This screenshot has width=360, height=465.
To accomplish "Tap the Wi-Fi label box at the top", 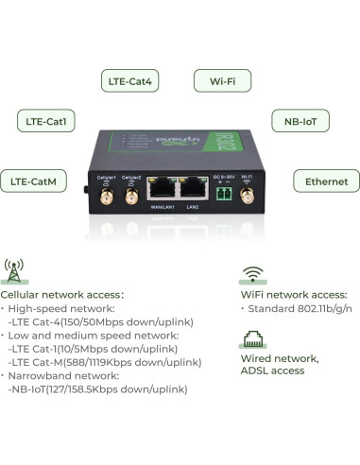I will click(x=223, y=81).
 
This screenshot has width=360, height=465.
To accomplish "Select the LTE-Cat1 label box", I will click(x=47, y=121).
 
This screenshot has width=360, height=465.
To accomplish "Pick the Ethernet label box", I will click(x=326, y=181).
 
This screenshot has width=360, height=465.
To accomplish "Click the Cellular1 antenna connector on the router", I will click(x=106, y=195).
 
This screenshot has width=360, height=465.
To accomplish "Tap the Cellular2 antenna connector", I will click(x=132, y=195).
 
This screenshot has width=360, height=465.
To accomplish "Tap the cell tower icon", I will click(x=14, y=270).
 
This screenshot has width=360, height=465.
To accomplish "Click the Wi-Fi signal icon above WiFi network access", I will click(x=251, y=274).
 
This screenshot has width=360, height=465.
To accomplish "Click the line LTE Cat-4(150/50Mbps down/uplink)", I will click(x=97, y=321).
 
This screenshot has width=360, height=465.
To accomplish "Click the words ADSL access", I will click(x=273, y=371).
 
